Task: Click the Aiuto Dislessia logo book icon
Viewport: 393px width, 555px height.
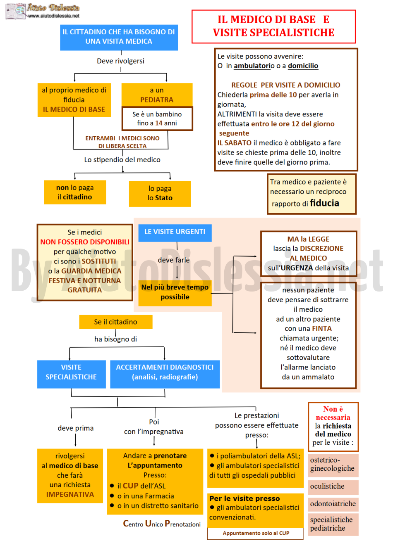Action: pos(16,11)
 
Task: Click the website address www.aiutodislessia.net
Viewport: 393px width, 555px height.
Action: pos(54,16)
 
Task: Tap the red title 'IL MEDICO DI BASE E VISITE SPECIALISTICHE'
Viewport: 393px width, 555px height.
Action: pos(273,26)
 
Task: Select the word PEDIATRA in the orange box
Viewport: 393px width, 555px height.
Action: pos(157,100)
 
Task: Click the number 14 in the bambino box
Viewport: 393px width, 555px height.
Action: pos(158,123)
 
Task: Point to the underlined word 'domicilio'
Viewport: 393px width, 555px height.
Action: pos(303,66)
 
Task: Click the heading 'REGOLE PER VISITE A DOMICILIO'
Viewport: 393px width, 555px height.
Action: pos(286,85)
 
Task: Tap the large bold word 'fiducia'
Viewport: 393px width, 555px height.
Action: pos(324,203)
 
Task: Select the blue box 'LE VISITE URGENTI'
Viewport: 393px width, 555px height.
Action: pos(175,232)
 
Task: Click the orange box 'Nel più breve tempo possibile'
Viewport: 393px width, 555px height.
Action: pos(175,293)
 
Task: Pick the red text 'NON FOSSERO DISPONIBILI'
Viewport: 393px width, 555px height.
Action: pos(85,242)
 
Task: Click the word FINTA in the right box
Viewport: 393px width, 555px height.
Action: pos(322,329)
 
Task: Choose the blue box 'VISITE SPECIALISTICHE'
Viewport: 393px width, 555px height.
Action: pos(71,374)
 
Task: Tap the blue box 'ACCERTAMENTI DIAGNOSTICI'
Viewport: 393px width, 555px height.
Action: pos(165,374)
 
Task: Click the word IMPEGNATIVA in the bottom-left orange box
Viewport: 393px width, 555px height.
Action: pos(70,495)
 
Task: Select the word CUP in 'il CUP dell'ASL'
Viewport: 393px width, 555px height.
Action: pos(130,486)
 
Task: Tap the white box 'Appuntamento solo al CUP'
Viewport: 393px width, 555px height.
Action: pos(255,534)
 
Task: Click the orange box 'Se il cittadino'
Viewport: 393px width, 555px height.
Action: pos(116,322)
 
